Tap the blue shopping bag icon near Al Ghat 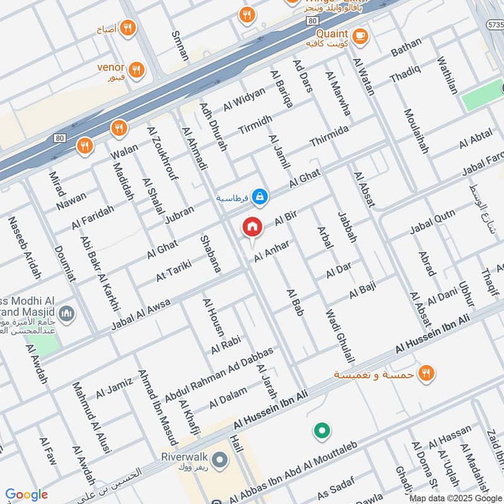pyautogui.click(x=259, y=198)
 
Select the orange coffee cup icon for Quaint pyautogui.click(x=360, y=35)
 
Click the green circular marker pyautogui.click(x=322, y=432)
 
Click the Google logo pyautogui.click(x=26, y=495)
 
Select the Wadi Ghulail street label pyautogui.click(x=337, y=336)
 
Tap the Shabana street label pyautogui.click(x=210, y=254)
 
